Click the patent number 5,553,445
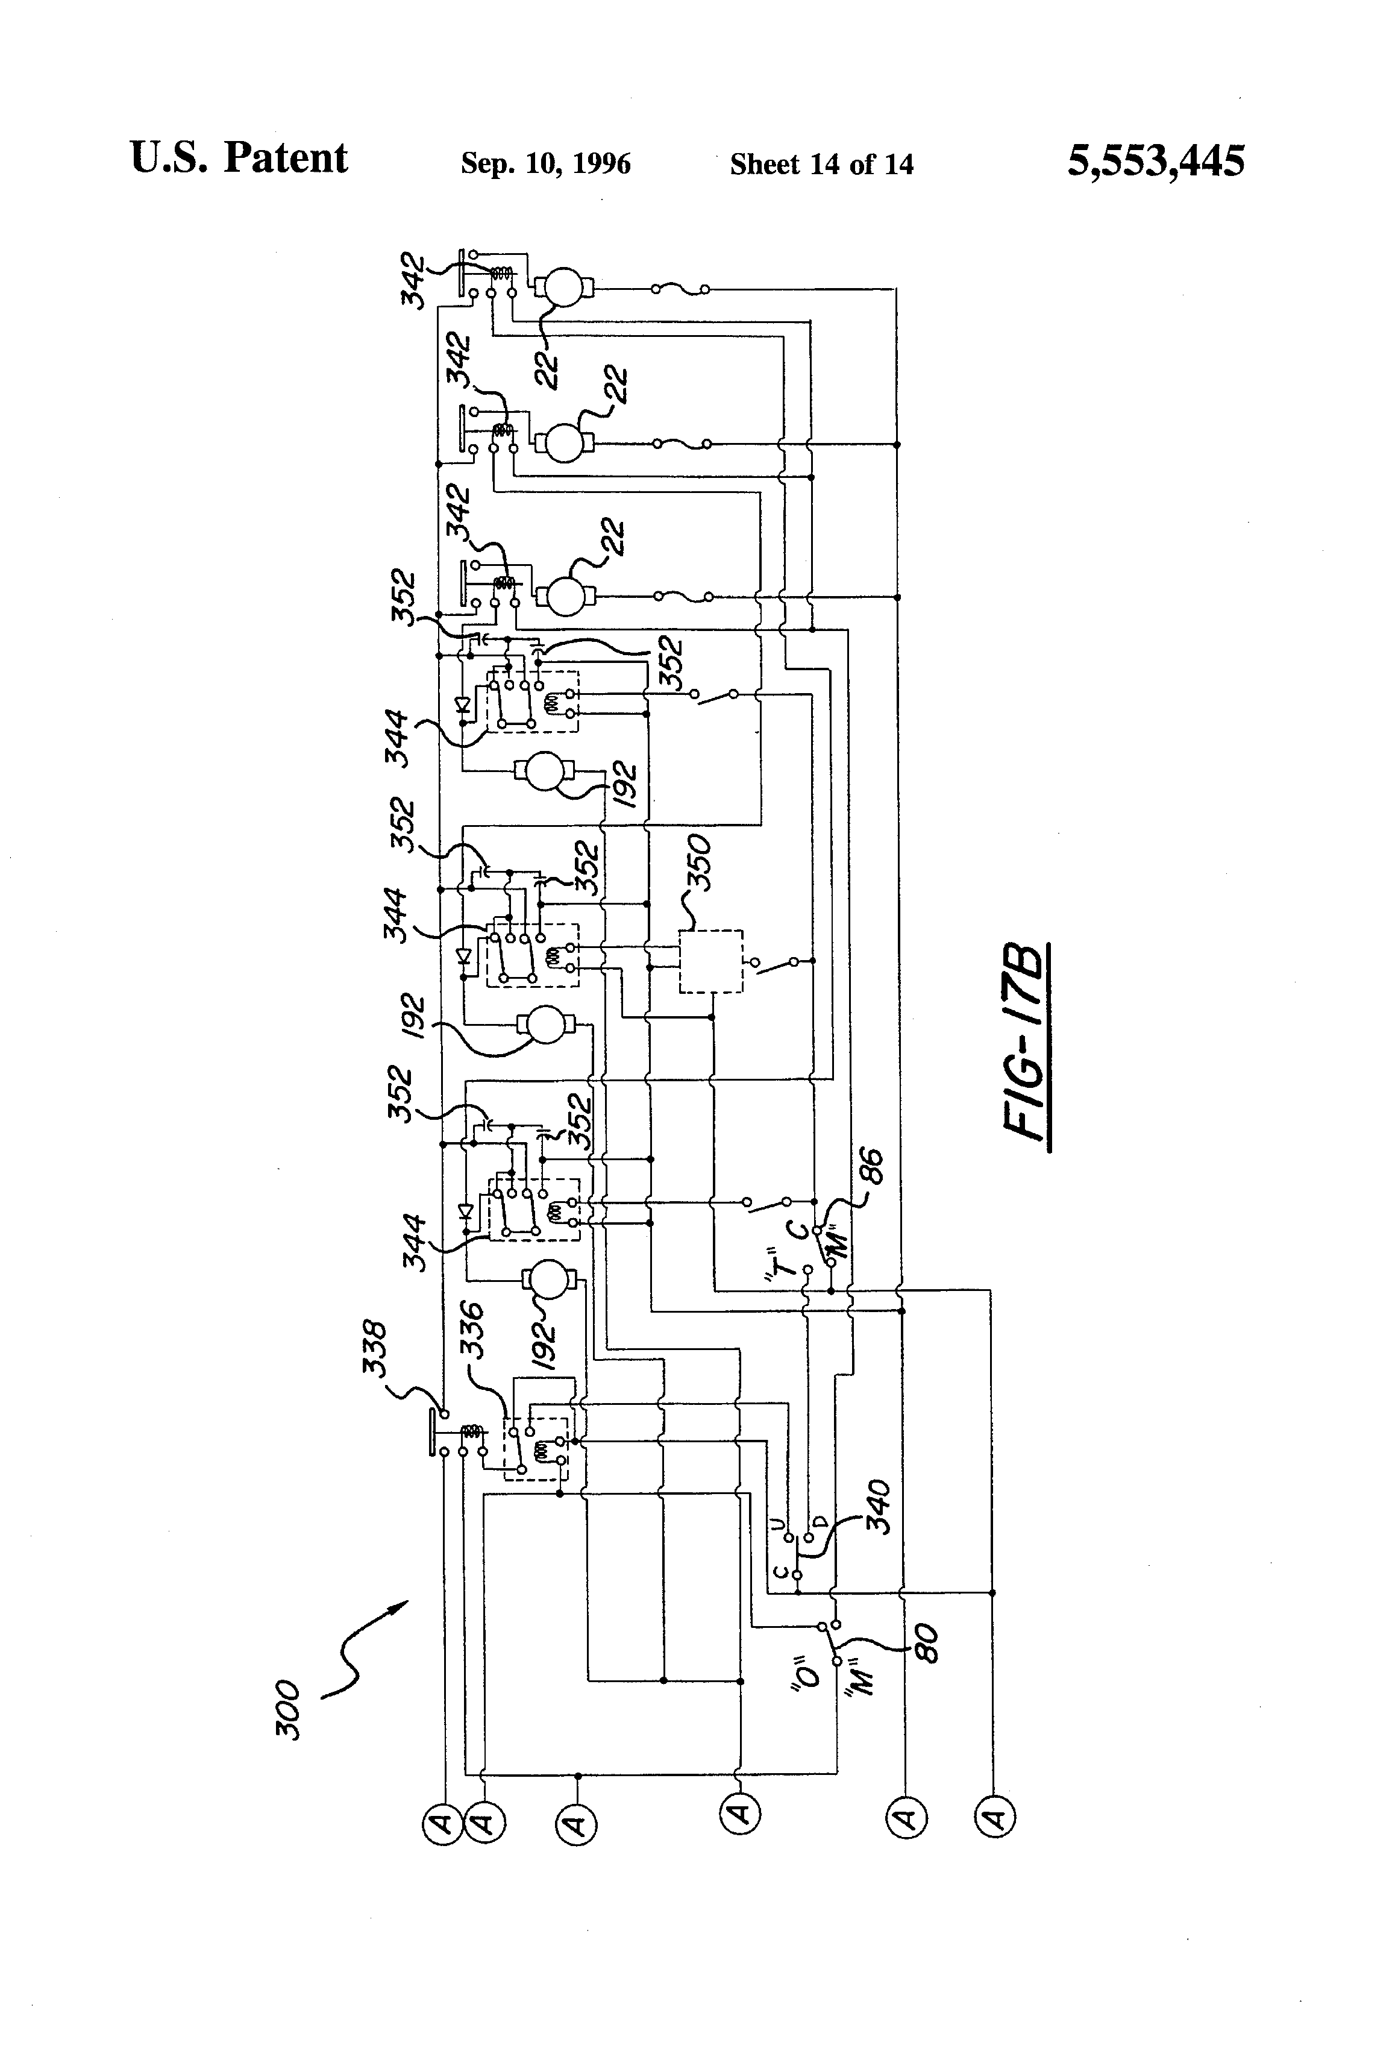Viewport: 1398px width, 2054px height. click(x=1156, y=161)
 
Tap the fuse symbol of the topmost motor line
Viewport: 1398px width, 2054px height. click(x=680, y=289)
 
